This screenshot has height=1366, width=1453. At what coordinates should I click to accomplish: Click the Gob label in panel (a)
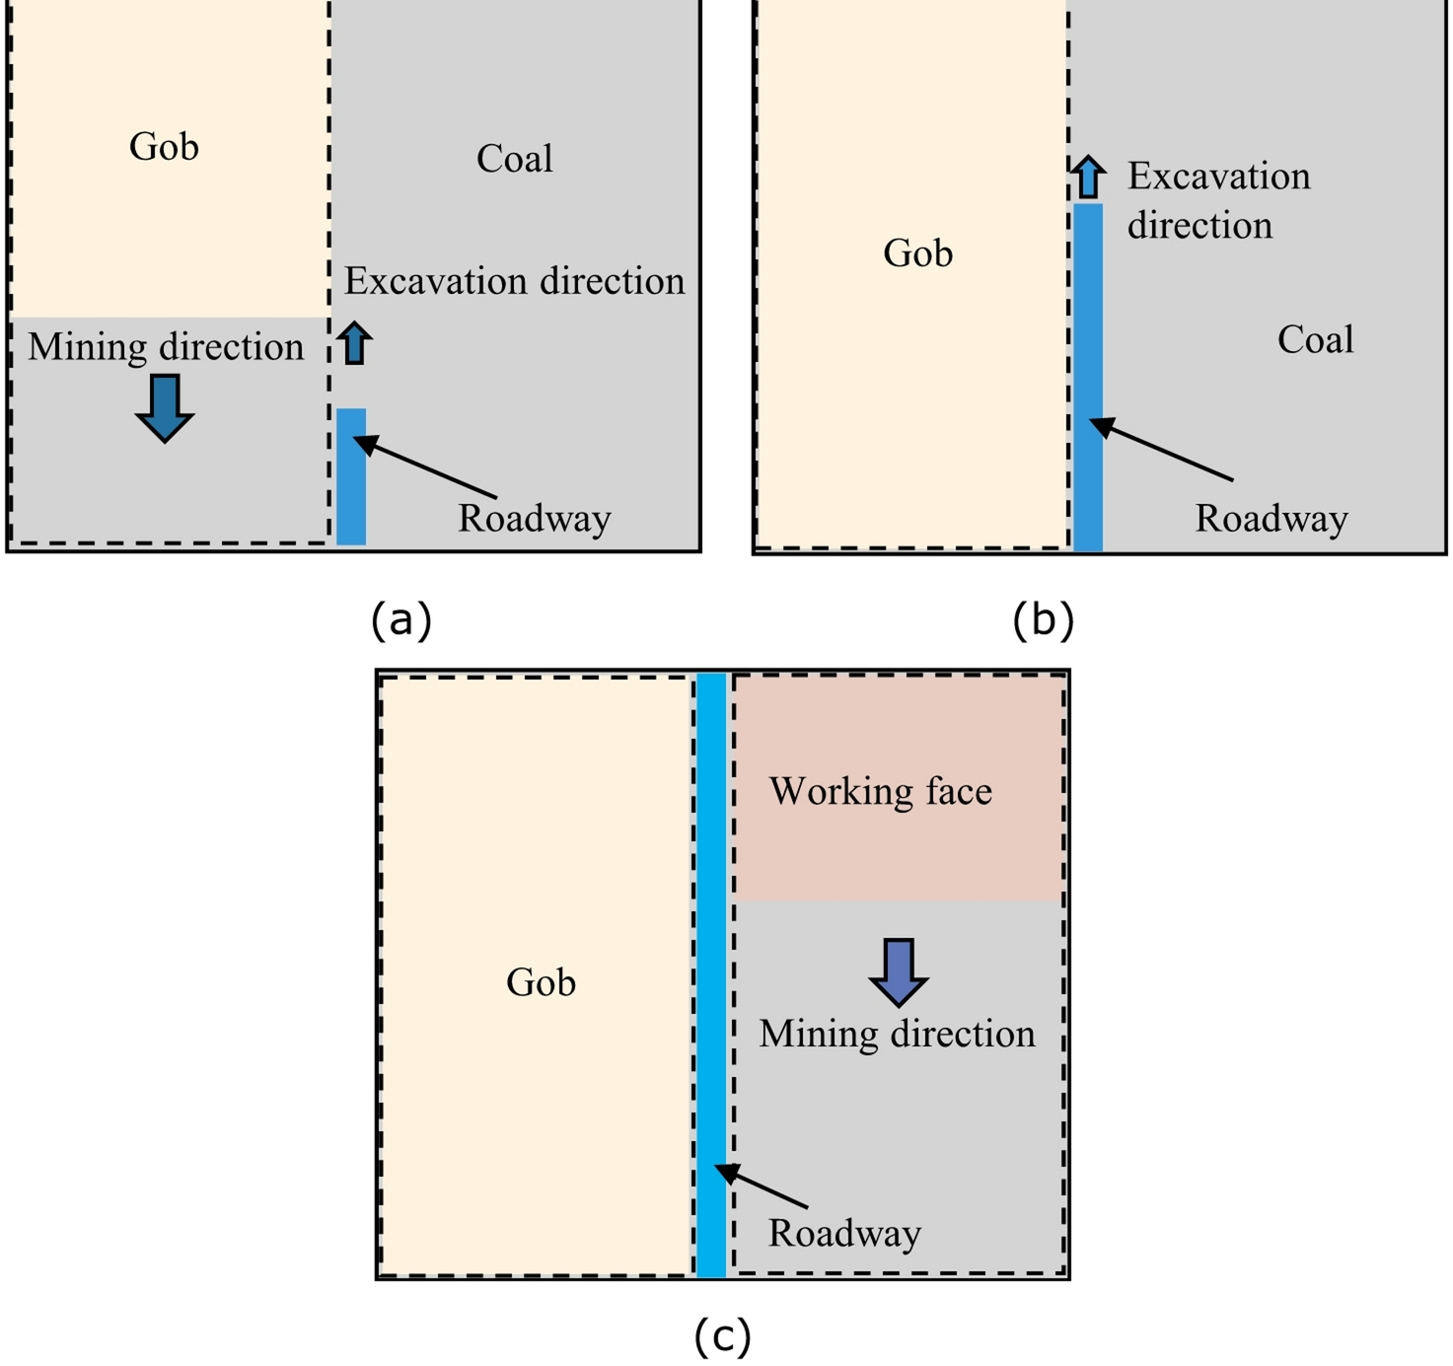pyautogui.click(x=164, y=147)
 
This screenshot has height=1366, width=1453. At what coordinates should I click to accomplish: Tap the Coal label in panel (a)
pyautogui.click(x=514, y=159)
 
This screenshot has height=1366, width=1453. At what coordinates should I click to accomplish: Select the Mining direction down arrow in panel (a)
pyautogui.click(x=164, y=407)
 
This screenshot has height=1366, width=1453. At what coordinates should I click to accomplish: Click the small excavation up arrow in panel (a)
pyautogui.click(x=354, y=344)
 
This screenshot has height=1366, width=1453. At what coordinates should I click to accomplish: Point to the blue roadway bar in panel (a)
pyautogui.click(x=351, y=476)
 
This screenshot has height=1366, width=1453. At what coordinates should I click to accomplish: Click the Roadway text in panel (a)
pyautogui.click(x=534, y=519)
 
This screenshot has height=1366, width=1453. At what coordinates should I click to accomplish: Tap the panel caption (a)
pyautogui.click(x=401, y=619)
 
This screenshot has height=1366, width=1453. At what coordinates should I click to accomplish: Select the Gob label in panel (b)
pyautogui.click(x=917, y=253)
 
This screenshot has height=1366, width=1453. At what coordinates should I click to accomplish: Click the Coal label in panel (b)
pyautogui.click(x=1315, y=340)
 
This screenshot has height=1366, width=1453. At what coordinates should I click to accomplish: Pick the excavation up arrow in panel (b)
pyautogui.click(x=1088, y=178)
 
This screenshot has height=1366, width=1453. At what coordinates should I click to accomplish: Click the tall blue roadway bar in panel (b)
pyautogui.click(x=1088, y=375)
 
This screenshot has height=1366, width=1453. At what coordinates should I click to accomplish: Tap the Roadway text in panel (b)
pyautogui.click(x=1271, y=519)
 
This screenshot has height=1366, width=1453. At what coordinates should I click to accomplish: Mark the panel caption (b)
pyautogui.click(x=1043, y=619)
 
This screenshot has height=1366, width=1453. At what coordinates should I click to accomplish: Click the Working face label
pyautogui.click(x=881, y=791)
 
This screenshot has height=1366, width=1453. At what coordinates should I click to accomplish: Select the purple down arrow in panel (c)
pyautogui.click(x=898, y=971)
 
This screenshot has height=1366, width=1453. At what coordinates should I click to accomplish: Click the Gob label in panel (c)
pyautogui.click(x=541, y=982)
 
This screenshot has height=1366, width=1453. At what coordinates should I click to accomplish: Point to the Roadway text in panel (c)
pyautogui.click(x=844, y=1233)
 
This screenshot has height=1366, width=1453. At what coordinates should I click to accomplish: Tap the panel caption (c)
pyautogui.click(x=722, y=1336)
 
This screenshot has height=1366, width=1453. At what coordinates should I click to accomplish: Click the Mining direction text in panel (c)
pyautogui.click(x=897, y=1034)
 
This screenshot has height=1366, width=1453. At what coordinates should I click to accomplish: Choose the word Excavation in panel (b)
pyautogui.click(x=1219, y=177)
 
